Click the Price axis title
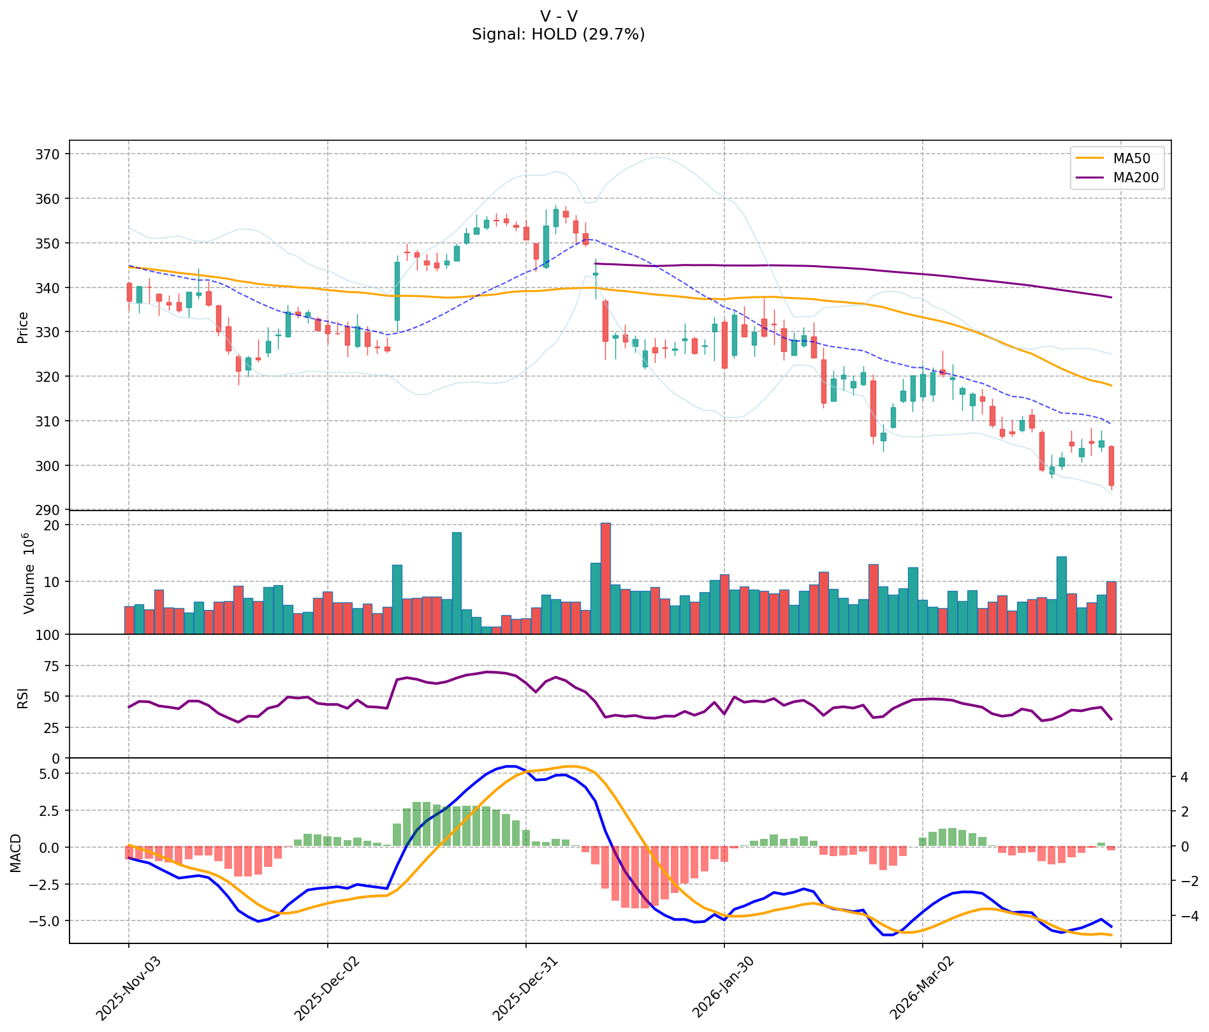tap(23, 327)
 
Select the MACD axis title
tap(16, 853)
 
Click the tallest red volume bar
tap(606, 578)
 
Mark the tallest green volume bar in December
tap(457, 583)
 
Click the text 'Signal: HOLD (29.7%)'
tap(558, 34)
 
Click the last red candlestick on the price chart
tap(1111, 466)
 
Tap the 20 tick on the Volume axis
tap(54, 525)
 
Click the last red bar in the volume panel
tap(1111, 607)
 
